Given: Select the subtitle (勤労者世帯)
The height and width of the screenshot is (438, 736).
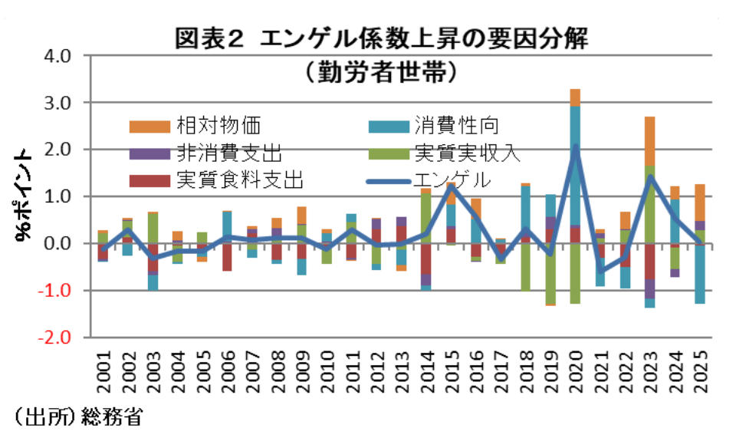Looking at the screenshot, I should [380, 71].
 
